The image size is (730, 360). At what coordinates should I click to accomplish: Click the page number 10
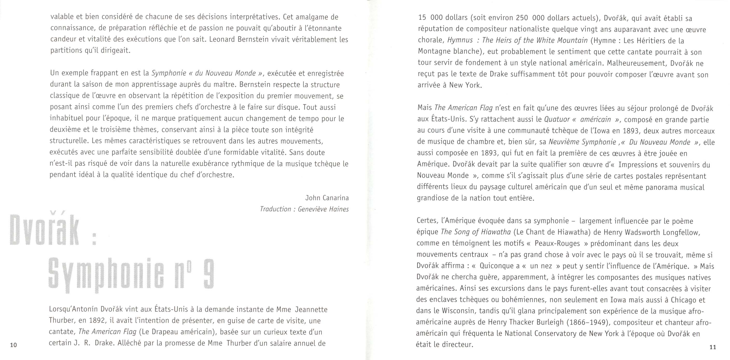pos(13,345)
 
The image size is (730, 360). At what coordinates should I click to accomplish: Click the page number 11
pos(713,347)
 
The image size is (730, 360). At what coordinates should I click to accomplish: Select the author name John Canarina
pos(327,198)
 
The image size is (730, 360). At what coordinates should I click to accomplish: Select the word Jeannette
pos(311,309)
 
